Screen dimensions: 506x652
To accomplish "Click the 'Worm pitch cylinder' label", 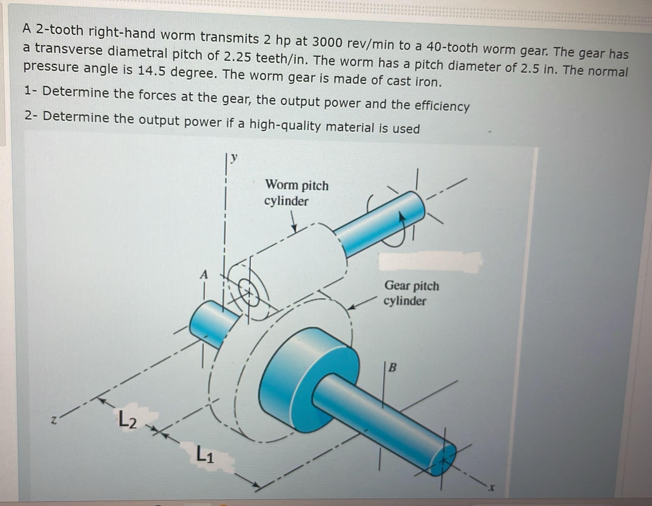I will pyautogui.click(x=296, y=193).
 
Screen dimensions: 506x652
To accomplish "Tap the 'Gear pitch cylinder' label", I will pyautogui.click(x=411, y=293).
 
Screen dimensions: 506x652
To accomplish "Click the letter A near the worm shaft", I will pyautogui.click(x=204, y=274).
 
